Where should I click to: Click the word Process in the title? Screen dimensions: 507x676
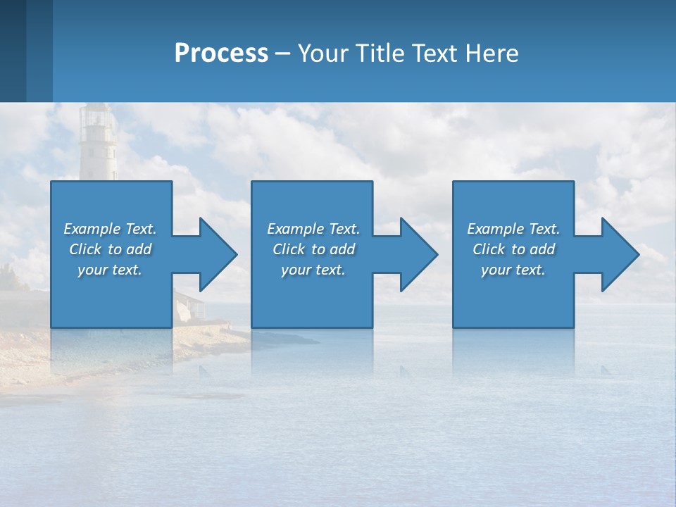tap(221, 54)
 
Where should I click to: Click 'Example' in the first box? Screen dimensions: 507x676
tap(92, 229)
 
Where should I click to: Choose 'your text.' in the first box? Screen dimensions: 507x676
tap(110, 270)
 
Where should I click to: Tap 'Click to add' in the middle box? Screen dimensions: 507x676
tap(313, 249)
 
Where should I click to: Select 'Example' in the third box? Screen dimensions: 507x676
tap(496, 229)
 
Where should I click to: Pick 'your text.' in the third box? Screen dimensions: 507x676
tap(513, 270)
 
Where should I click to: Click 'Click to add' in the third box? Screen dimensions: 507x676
tap(513, 249)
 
